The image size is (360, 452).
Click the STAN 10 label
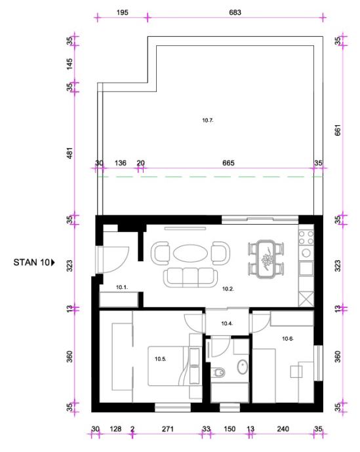[x=31, y=262]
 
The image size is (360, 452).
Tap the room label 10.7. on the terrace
[x=208, y=121]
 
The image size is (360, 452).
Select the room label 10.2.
[x=228, y=289]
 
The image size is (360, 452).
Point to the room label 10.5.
[x=161, y=359]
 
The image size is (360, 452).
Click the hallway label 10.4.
[x=227, y=324]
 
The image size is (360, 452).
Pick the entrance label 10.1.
[x=122, y=287]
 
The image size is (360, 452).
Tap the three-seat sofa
[x=191, y=277]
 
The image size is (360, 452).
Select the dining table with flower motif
[x=266, y=259]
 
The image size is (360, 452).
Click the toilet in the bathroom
[x=218, y=373]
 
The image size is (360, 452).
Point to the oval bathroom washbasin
[x=243, y=367]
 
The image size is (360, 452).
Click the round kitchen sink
[x=306, y=253]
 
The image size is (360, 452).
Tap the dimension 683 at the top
[x=235, y=12]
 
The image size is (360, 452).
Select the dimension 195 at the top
[x=123, y=12]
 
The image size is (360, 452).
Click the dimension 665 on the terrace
[x=228, y=163]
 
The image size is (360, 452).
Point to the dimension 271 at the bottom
[x=168, y=429]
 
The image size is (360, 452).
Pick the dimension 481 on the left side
[x=70, y=153]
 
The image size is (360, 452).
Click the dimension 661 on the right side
[x=338, y=130]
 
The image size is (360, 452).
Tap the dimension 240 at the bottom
[x=283, y=429]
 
